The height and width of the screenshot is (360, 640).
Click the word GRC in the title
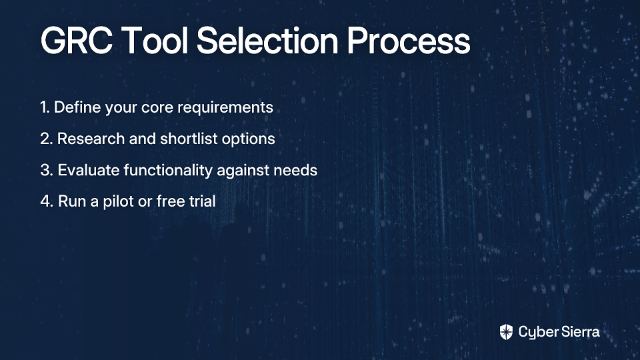pyautogui.click(x=76, y=40)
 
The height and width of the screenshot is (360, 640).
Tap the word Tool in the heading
pyautogui.click(x=155, y=40)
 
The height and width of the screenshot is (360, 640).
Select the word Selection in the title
pyautogui.click(x=267, y=40)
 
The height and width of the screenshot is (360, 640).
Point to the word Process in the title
pyautogui.click(x=409, y=40)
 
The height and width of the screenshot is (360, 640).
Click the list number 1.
pyautogui.click(x=45, y=107)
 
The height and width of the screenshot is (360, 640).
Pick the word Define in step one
pyautogui.click(x=77, y=107)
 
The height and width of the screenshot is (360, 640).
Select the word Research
pyautogui.click(x=91, y=139)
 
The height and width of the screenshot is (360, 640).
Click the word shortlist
pyautogui.click(x=189, y=139)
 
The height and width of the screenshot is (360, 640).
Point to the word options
pyautogui.click(x=248, y=139)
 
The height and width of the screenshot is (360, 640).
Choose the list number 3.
pyautogui.click(x=47, y=170)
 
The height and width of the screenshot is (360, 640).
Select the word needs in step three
pyautogui.click(x=295, y=171)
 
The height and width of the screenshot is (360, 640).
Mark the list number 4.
pyautogui.click(x=47, y=201)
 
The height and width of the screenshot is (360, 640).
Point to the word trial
pyautogui.click(x=202, y=201)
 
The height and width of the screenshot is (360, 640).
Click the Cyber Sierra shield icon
pyautogui.click(x=506, y=332)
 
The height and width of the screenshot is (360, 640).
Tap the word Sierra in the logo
pyautogui.click(x=579, y=331)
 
